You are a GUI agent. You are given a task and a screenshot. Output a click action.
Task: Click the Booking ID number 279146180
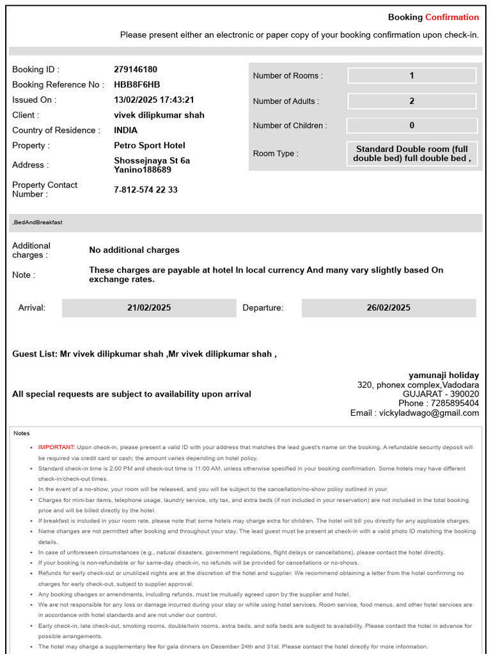point(136,70)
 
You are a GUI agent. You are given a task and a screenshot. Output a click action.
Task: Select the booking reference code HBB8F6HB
point(137,84)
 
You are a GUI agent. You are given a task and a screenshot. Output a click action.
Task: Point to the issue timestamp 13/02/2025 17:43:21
point(154,100)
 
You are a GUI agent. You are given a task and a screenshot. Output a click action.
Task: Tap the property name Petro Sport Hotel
point(150,146)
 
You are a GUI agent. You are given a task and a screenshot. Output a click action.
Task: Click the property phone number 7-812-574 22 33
point(146,190)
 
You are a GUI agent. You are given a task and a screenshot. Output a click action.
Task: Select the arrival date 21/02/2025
point(149,308)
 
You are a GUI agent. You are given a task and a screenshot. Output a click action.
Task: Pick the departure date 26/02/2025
point(389,308)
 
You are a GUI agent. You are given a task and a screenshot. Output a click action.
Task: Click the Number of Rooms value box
point(412,75)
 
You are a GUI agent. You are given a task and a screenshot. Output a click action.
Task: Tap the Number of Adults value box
point(412,101)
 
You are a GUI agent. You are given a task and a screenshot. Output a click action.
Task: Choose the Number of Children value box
point(412,126)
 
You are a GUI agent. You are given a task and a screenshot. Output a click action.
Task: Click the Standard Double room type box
point(412,153)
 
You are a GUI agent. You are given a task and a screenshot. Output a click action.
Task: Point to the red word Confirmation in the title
point(452,17)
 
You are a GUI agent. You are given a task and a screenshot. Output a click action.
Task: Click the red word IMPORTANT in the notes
point(56,447)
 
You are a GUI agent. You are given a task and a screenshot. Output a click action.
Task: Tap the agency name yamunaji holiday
point(444,376)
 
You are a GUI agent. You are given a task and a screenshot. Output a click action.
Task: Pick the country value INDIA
point(126,130)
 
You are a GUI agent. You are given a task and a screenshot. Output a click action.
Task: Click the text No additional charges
point(134,250)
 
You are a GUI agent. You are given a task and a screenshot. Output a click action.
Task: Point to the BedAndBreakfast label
point(38,222)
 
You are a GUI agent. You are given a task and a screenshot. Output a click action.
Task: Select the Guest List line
point(144,354)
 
